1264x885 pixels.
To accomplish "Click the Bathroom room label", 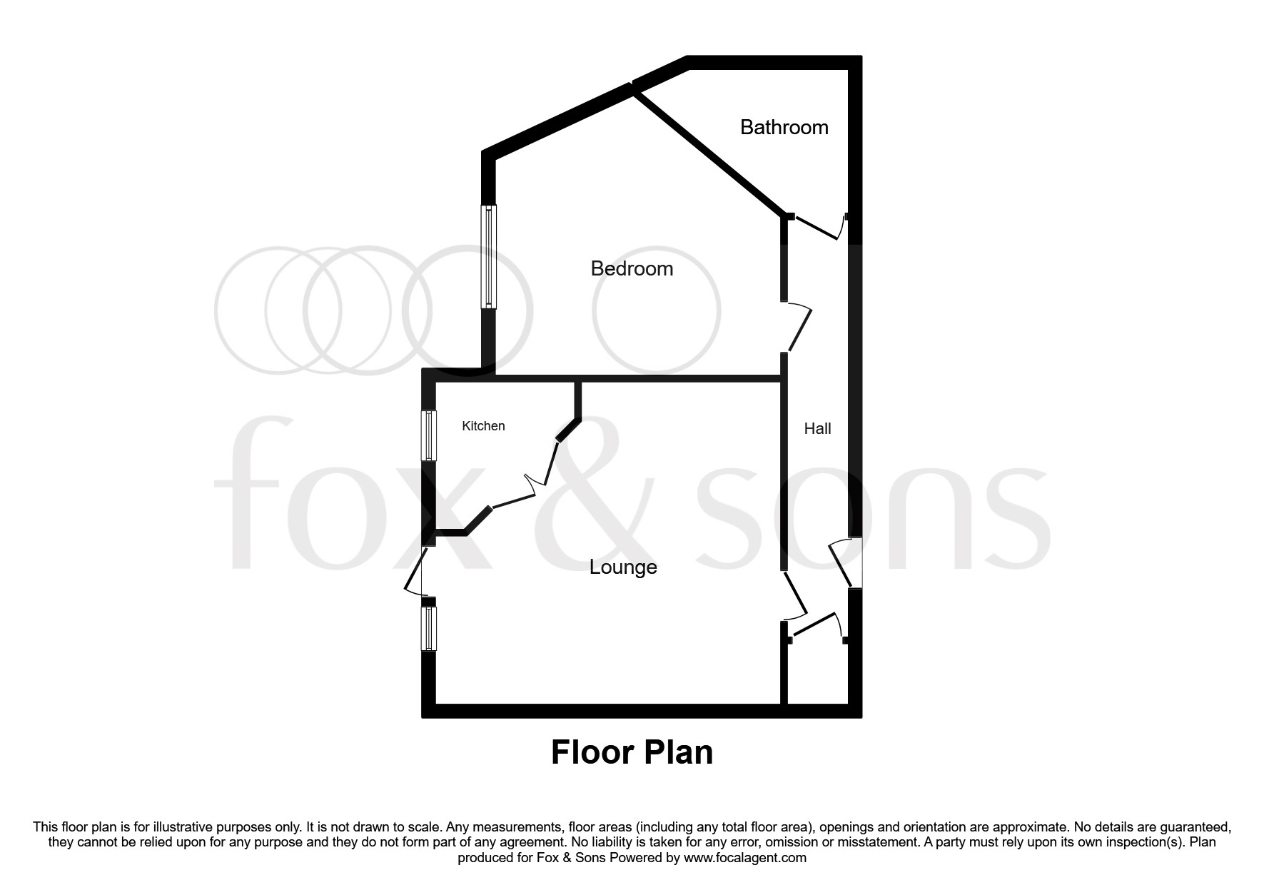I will tap(784, 127).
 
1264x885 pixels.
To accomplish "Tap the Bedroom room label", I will tap(632, 268).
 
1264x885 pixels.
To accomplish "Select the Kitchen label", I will tap(483, 426).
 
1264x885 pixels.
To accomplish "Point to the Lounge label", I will tap(622, 567).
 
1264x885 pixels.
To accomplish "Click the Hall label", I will tap(817, 428).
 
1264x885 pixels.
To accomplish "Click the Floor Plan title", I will tap(632, 752).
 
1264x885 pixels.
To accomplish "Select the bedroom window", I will tap(489, 257).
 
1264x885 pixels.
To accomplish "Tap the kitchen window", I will tap(429, 436).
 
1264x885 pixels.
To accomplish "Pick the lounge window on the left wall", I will tap(428, 629).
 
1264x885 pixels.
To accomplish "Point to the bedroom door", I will tap(800, 328).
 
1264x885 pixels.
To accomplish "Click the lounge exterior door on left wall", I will tap(414, 571).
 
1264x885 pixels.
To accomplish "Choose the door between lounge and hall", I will tap(796, 596).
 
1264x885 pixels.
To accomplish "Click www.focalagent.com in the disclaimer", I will tap(744, 858).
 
